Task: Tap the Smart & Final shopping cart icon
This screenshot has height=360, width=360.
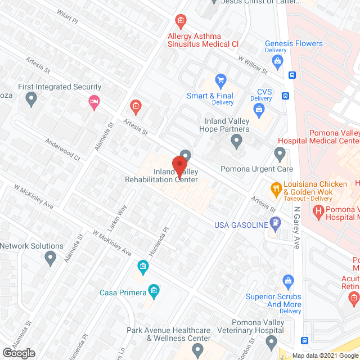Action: [220, 79]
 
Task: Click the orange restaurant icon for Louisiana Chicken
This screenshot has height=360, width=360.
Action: [276, 188]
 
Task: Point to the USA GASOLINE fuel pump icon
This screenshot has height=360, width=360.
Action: [274, 223]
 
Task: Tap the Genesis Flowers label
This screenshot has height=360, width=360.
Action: [294, 43]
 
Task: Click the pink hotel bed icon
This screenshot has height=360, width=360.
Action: [94, 101]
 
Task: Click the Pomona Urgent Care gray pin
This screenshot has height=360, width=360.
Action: [280, 153]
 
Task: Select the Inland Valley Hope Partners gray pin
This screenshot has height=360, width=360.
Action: [237, 141]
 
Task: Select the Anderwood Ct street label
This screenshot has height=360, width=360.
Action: [63, 150]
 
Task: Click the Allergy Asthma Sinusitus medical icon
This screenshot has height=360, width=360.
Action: [181, 22]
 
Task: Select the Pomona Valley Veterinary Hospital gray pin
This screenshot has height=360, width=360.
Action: [272, 341]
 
